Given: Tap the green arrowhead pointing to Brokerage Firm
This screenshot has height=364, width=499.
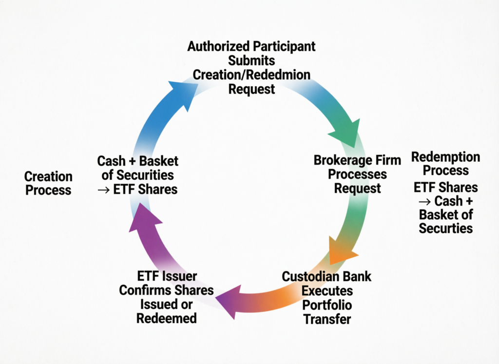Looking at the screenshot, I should (350, 133).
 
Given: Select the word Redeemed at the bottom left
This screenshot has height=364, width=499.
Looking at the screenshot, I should (167, 319).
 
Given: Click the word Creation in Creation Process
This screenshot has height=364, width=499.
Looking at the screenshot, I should (48, 176).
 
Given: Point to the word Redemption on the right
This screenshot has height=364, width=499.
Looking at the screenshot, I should (445, 157).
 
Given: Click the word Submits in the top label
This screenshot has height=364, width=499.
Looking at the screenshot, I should (251, 61).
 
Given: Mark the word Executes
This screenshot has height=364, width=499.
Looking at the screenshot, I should (327, 291).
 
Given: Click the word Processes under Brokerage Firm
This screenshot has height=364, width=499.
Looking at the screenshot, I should (357, 174).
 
